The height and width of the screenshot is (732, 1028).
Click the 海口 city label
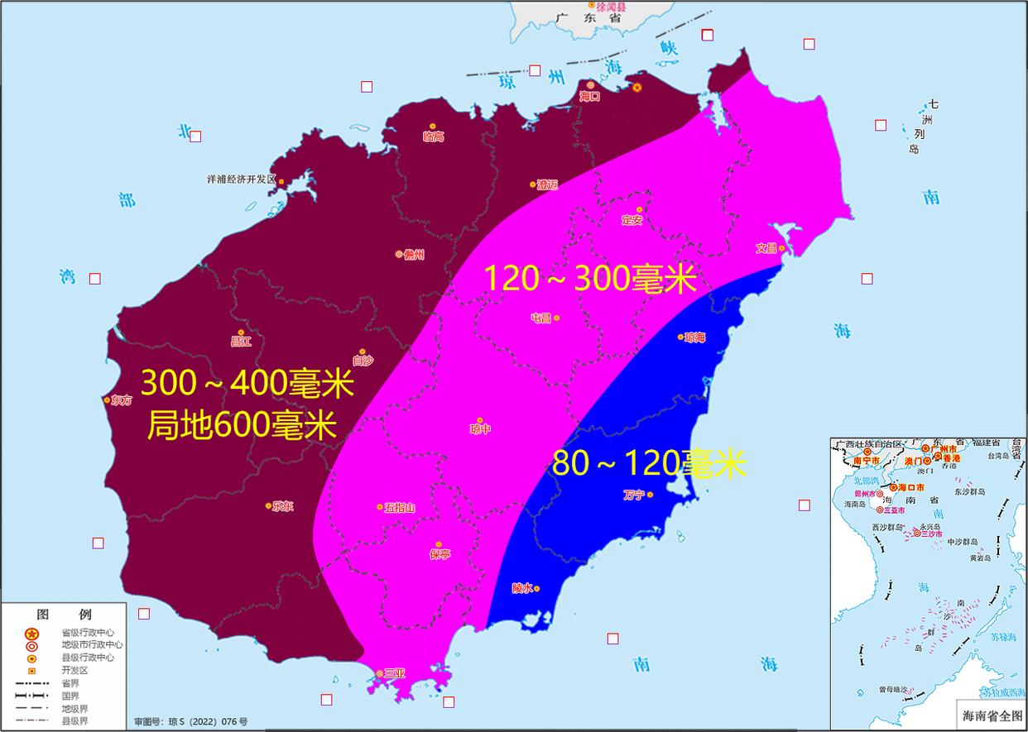(589, 97)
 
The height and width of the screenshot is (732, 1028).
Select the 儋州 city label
(414, 255)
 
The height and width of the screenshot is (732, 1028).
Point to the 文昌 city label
(766, 248)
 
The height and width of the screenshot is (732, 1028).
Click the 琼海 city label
(695, 337)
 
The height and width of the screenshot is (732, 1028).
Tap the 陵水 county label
(521, 589)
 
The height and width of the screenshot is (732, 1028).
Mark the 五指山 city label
(400, 507)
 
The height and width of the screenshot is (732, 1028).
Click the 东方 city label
(120, 399)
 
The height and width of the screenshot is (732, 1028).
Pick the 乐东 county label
(282, 506)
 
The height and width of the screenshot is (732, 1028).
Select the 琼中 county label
(480, 429)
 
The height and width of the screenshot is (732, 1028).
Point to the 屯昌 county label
(541, 318)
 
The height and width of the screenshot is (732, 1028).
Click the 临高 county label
(433, 136)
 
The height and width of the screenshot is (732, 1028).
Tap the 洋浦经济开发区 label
(241, 179)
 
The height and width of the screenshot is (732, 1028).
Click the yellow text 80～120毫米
(649, 464)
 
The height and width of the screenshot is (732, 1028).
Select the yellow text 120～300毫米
(588, 279)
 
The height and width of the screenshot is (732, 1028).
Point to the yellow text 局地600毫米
(242, 426)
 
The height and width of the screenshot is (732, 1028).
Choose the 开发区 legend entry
(74, 670)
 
